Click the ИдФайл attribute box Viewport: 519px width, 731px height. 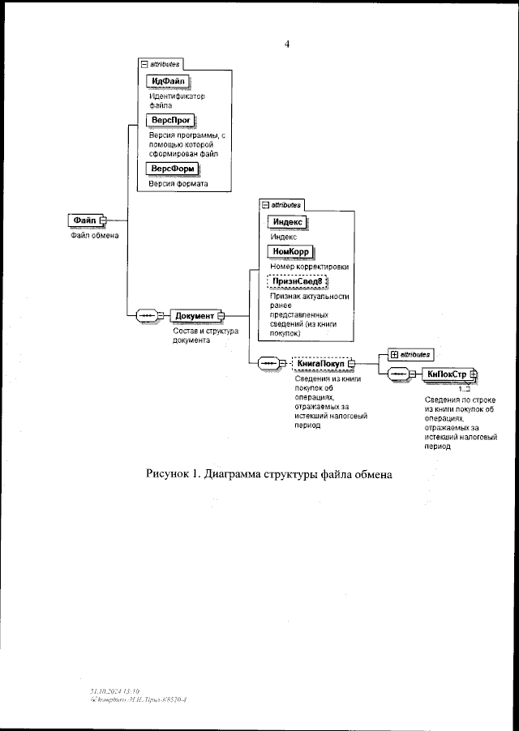(x=168, y=80)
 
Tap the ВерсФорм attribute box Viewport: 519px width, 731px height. (x=171, y=169)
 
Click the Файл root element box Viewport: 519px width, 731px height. (x=85, y=220)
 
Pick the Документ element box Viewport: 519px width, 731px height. (x=195, y=315)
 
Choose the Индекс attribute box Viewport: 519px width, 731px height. (x=289, y=222)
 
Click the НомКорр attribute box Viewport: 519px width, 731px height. (x=290, y=252)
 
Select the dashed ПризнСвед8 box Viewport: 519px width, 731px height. (x=296, y=281)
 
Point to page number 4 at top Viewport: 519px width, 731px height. (x=287, y=44)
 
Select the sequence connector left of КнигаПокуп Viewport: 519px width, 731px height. (x=268, y=363)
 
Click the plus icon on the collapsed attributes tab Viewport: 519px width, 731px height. (x=393, y=353)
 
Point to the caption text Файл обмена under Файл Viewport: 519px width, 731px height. (x=92, y=237)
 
